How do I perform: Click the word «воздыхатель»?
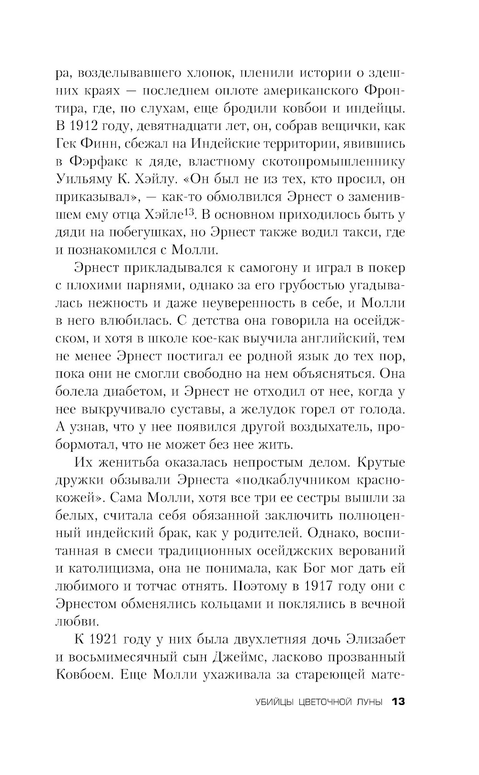(326, 427)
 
